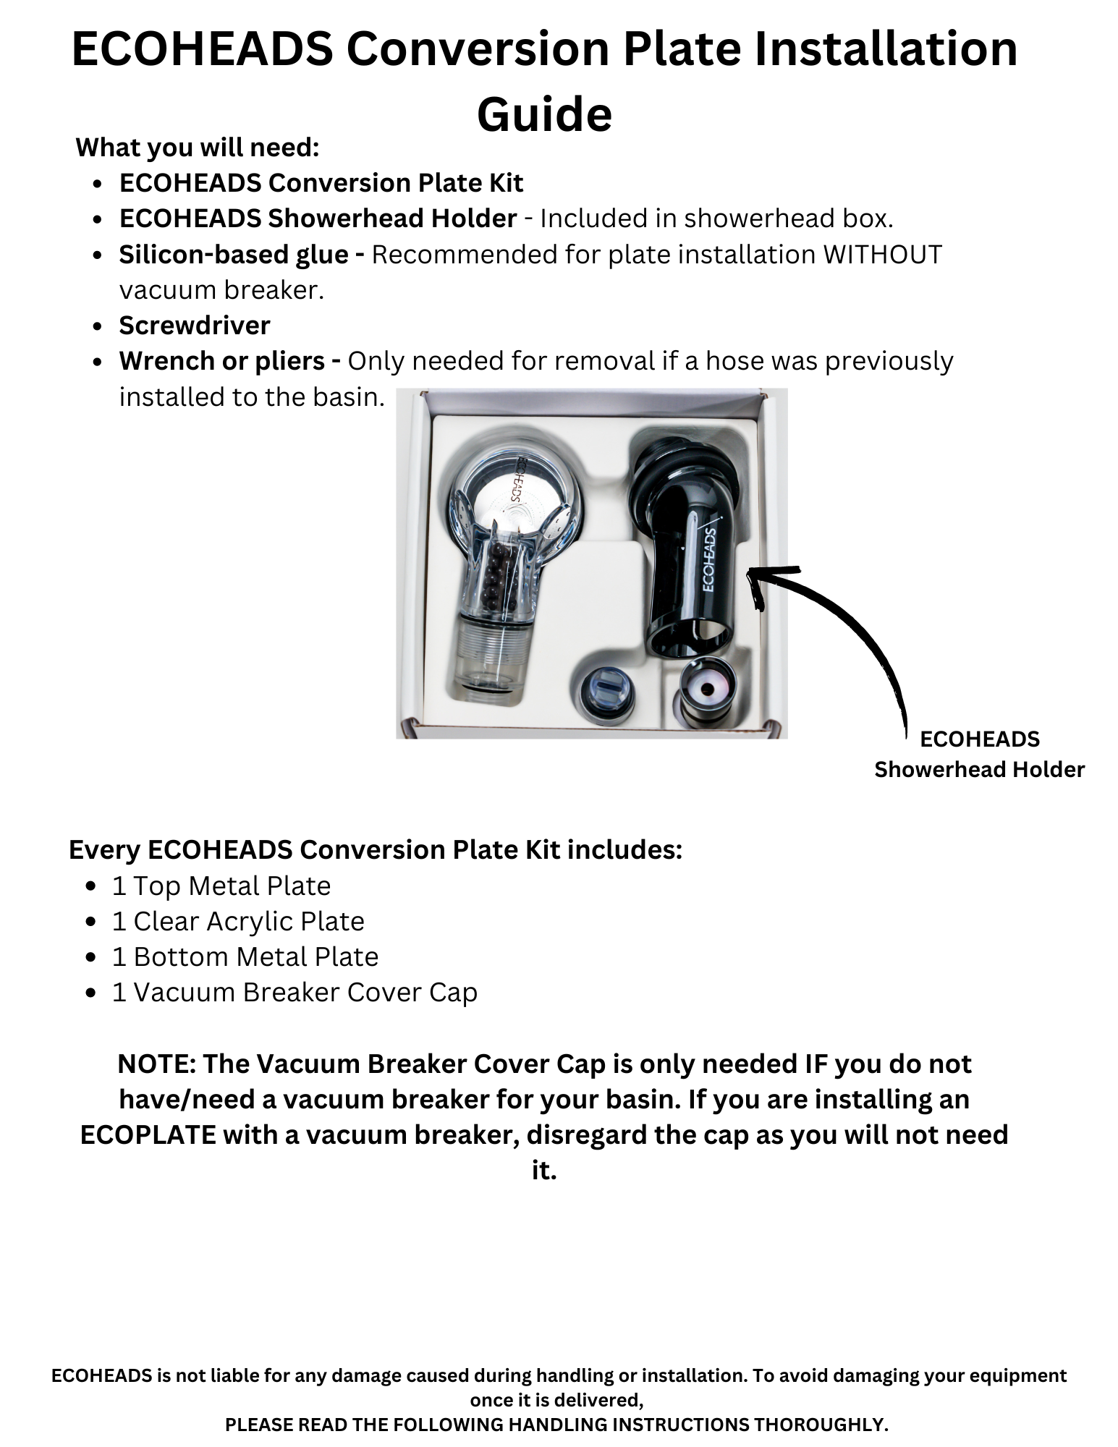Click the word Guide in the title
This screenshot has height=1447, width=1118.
544,114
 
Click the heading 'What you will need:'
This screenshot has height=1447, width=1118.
198,147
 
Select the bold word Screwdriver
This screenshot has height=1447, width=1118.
195,326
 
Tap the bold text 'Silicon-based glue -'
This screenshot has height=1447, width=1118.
242,255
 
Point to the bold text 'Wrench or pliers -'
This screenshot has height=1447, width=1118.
230,361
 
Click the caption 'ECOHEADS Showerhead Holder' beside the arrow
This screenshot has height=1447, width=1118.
979,754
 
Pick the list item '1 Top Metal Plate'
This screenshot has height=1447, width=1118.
221,886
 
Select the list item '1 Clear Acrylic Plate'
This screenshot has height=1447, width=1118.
238,922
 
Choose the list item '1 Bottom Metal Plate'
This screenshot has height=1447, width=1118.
245,957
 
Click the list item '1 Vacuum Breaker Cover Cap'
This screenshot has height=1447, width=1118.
295,993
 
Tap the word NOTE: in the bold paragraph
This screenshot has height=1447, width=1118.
156,1064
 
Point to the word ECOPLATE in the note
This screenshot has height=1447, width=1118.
148,1135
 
